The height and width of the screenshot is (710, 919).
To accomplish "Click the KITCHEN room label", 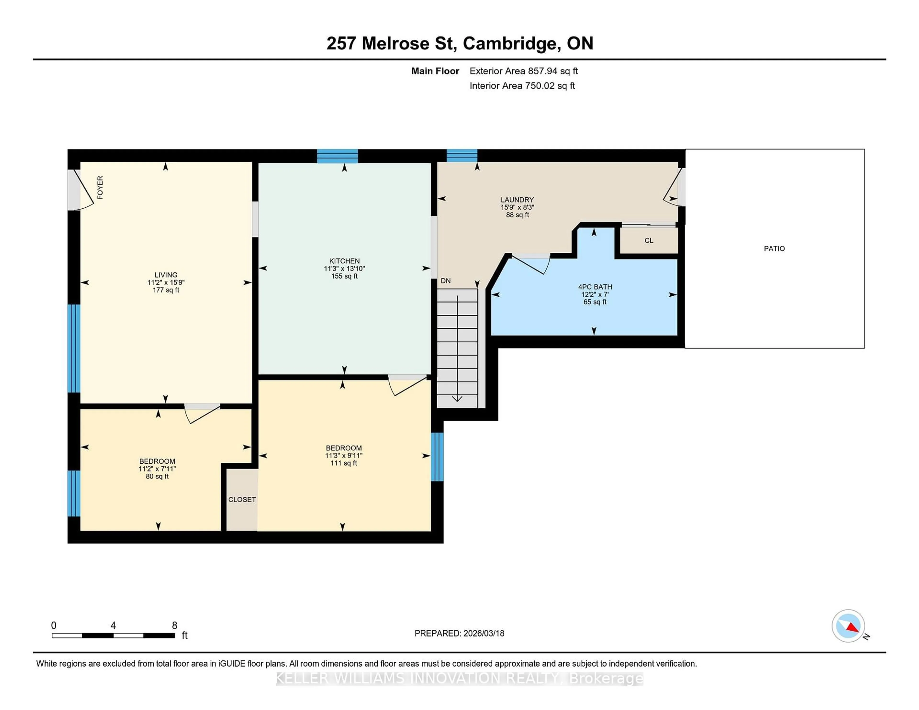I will [344, 261].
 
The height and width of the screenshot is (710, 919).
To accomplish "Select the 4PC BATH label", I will [594, 287].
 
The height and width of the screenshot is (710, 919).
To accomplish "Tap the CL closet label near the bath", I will [648, 241].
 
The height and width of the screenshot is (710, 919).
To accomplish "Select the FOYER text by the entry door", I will [100, 188].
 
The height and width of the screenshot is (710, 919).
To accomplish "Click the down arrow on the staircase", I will [457, 398].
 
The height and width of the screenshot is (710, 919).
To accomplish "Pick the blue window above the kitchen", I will [337, 156].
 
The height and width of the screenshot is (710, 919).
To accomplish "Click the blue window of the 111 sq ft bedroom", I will [437, 456].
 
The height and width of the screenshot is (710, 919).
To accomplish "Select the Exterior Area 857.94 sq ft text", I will [523, 71].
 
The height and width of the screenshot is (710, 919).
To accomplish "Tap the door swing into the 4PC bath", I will [530, 264].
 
